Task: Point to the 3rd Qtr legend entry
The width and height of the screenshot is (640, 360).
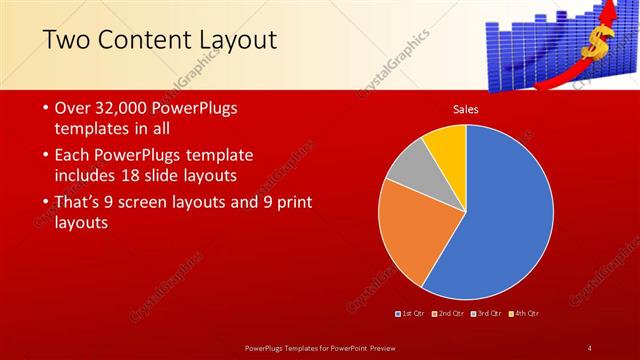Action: click(x=489, y=314)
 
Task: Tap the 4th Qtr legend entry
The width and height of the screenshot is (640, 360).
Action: click(x=525, y=314)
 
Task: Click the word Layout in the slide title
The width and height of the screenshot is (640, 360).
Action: click(x=229, y=40)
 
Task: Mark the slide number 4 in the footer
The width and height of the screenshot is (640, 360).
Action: click(x=590, y=347)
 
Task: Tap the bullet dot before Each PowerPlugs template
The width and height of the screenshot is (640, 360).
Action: click(x=45, y=156)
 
